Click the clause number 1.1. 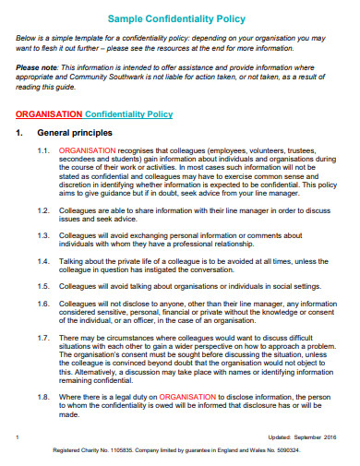[43, 149]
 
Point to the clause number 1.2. [43, 209]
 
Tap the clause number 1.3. [43, 234]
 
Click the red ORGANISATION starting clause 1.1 [87, 149]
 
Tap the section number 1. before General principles [20, 133]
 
